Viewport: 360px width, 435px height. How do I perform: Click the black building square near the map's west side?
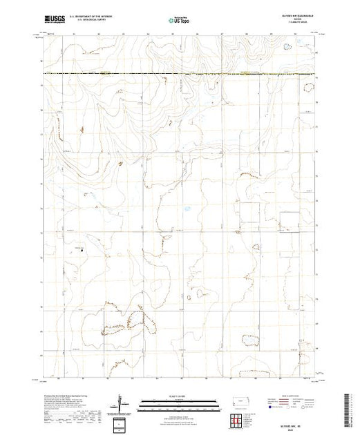(x=82, y=251)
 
